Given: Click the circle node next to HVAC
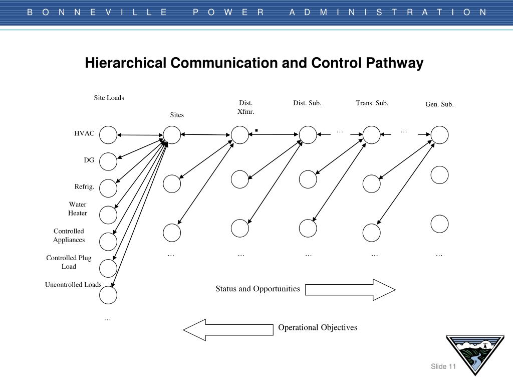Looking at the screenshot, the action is pos(108,134).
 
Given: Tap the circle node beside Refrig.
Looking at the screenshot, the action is pos(108,188).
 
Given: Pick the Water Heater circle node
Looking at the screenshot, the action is pos(108,215).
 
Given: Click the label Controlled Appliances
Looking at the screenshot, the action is pos(69,235).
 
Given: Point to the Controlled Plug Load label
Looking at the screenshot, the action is pos(69,262).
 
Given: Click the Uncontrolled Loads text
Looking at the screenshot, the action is pos(73,285).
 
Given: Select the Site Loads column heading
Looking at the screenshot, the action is pos(109,98).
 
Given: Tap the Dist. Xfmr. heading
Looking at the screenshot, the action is pos(246,107).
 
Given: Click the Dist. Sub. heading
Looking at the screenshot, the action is pos(307,103).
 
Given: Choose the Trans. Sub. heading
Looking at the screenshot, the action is pos(372,103).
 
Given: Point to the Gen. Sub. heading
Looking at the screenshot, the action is pos(439,104).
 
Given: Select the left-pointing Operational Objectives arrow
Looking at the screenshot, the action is pos(228,329).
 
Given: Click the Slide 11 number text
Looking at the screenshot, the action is pos(443,367).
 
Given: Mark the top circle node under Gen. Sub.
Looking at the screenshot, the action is pos(439,134).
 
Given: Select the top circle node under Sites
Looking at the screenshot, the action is pos(171,134).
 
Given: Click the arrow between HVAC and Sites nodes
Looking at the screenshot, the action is pos(140,135).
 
